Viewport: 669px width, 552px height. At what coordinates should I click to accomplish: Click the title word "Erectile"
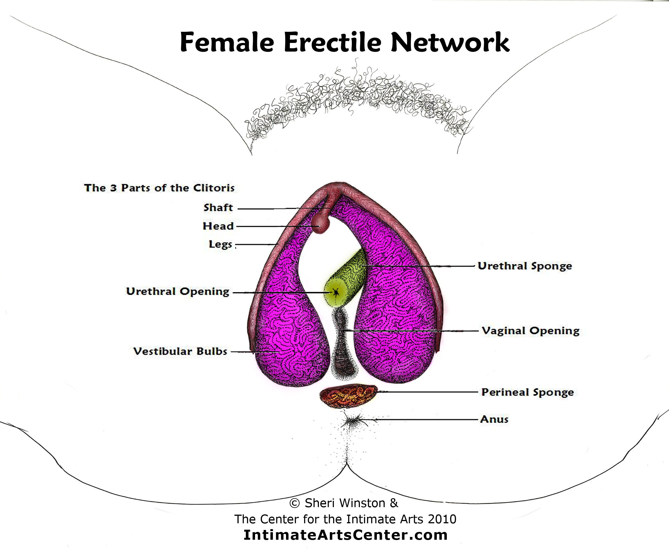point(333,42)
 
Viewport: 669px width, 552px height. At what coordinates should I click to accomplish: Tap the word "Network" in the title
point(450,42)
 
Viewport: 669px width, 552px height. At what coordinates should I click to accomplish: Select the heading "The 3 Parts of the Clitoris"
point(159,188)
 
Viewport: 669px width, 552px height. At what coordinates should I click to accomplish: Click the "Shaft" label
point(218,208)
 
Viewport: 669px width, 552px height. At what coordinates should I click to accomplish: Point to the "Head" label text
point(218,226)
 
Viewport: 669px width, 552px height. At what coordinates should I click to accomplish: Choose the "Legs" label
point(220,244)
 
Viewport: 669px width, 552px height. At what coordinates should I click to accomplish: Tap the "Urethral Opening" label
point(178,292)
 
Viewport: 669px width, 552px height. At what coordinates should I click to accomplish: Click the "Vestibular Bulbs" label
point(180,351)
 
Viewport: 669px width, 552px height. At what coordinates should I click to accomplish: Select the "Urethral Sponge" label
point(525,266)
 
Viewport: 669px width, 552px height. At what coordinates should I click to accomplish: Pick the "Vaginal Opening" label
point(530,331)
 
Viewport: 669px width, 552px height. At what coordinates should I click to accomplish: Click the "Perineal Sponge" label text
point(527,392)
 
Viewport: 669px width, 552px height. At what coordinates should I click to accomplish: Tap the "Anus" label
point(494,419)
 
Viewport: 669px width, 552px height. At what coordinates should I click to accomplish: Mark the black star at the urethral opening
point(336,292)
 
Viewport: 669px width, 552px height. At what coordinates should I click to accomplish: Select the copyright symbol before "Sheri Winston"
point(294,503)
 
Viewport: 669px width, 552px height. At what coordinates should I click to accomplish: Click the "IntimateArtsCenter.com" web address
point(346,535)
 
